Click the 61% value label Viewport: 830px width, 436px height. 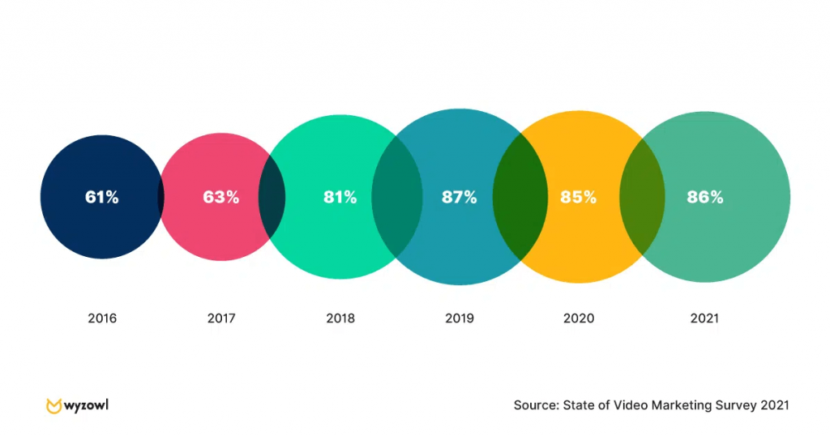coord(101,197)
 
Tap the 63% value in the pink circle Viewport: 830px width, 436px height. coord(220,197)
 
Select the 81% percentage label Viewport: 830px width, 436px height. coord(339,197)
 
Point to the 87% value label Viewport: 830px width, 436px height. coord(459,197)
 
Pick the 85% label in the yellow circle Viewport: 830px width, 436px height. coord(578,197)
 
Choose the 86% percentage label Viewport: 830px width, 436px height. coord(704,197)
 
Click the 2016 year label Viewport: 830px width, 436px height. coord(102,318)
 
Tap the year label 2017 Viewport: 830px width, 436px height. coord(221,318)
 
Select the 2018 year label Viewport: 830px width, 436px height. coord(340,318)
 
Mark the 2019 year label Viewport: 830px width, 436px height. coord(460,318)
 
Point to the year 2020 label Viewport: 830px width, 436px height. coord(579,318)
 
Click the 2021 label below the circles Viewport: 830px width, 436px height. coord(704,318)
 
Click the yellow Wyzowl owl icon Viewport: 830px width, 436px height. coord(54,405)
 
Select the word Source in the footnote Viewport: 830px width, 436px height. coord(536,405)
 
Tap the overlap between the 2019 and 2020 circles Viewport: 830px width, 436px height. coord(519,197)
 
